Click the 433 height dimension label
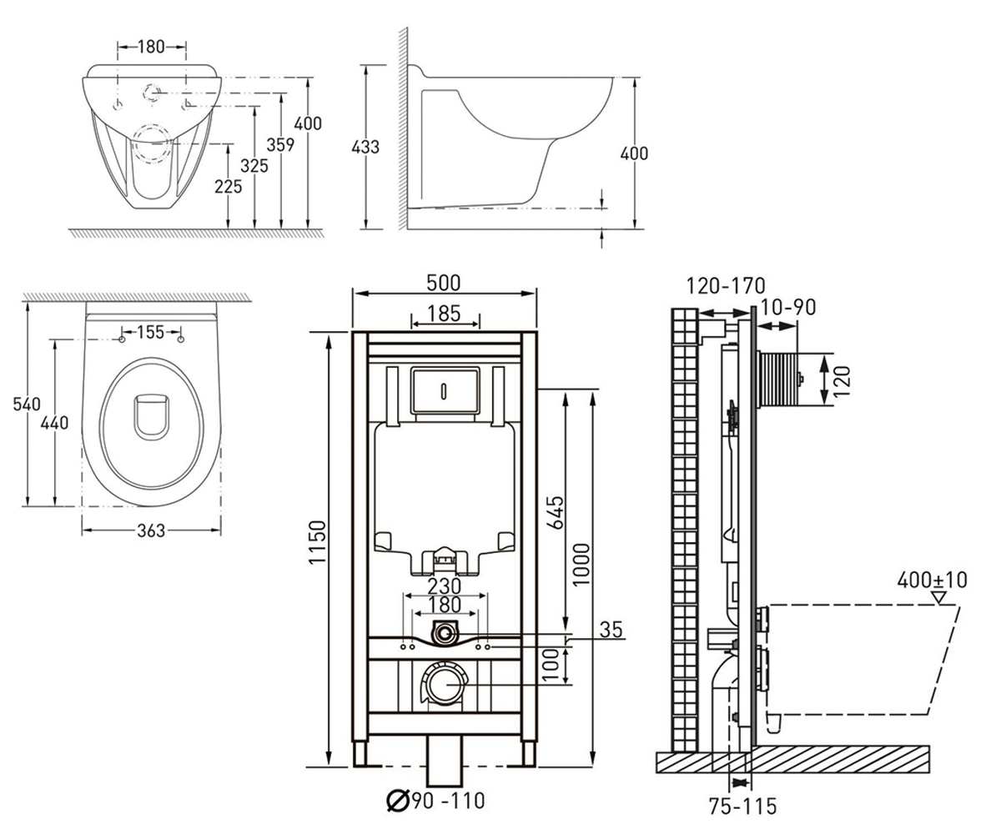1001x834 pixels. click(365, 147)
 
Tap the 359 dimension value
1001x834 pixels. click(280, 145)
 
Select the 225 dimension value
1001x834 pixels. click(229, 187)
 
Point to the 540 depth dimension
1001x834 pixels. click(27, 404)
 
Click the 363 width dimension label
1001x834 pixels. click(151, 530)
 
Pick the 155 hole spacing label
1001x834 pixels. click(151, 332)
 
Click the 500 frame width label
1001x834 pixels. click(444, 283)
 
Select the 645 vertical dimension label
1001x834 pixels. click(556, 513)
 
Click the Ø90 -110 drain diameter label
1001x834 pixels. click(435, 801)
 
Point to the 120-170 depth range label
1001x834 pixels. click(726, 286)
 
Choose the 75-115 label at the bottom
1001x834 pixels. click(742, 806)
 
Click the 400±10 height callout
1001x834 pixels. click(933, 580)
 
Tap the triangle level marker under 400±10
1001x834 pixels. click(939, 598)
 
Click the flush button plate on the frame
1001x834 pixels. click(445, 389)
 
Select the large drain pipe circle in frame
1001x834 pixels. click(444, 685)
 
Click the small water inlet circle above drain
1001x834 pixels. click(445, 634)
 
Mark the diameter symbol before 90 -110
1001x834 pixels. click(398, 801)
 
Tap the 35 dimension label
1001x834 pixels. click(611, 630)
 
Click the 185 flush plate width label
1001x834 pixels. click(445, 314)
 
